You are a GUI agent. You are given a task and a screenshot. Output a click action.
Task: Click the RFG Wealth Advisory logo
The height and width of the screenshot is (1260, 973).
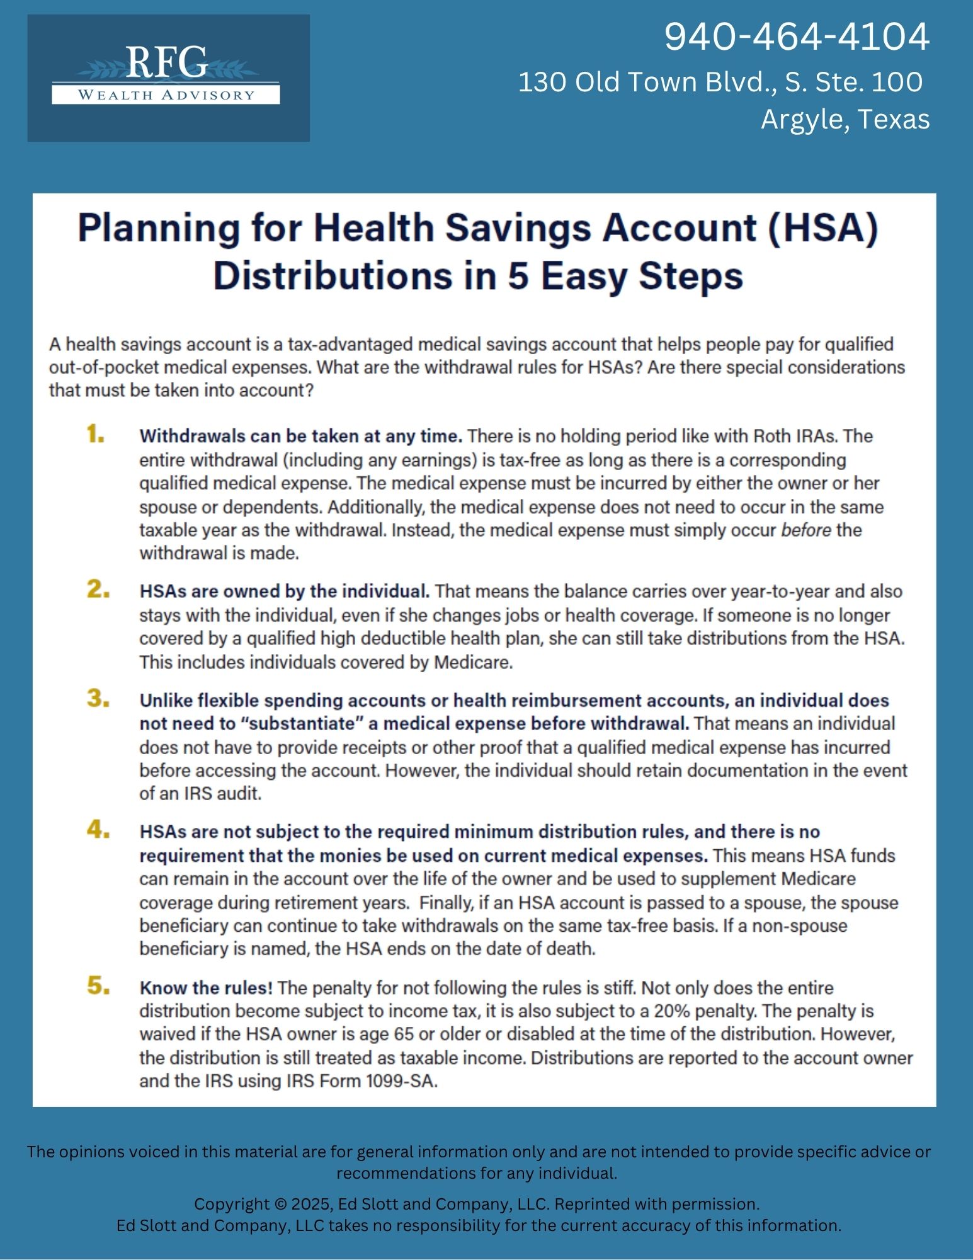click(x=168, y=77)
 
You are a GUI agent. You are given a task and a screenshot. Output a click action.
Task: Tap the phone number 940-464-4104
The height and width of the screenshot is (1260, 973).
click(x=797, y=37)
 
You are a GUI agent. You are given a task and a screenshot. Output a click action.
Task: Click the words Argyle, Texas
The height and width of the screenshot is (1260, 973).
click(x=845, y=119)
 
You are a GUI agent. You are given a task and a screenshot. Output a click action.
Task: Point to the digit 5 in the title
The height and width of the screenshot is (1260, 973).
click(x=518, y=276)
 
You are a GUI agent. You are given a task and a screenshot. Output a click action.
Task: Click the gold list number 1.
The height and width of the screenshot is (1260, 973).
click(x=96, y=435)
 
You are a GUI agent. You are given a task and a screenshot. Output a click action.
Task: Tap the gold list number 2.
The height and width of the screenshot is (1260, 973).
click(x=98, y=590)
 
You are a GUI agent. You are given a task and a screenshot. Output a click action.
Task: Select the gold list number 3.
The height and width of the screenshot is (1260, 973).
click(x=98, y=699)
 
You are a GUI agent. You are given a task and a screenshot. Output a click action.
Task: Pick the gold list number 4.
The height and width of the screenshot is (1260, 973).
click(x=98, y=830)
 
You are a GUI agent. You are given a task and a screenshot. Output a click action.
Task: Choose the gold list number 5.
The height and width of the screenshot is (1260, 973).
click(x=98, y=986)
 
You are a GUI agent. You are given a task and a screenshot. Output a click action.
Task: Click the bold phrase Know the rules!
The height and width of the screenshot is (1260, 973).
click(x=206, y=988)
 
